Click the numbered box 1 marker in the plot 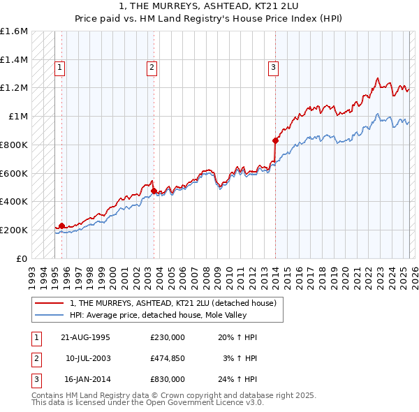coord(60,68)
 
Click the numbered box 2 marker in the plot coord(152,68)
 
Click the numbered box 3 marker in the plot coord(273,68)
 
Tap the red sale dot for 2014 coord(275,140)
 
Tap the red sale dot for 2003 coord(154,191)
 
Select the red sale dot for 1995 coord(61,226)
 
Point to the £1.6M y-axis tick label coord(14,31)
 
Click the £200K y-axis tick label coord(14,230)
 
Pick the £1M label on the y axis coord(18,117)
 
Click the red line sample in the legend coord(51,303)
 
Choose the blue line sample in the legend coord(51,315)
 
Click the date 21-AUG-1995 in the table coord(85,337)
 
